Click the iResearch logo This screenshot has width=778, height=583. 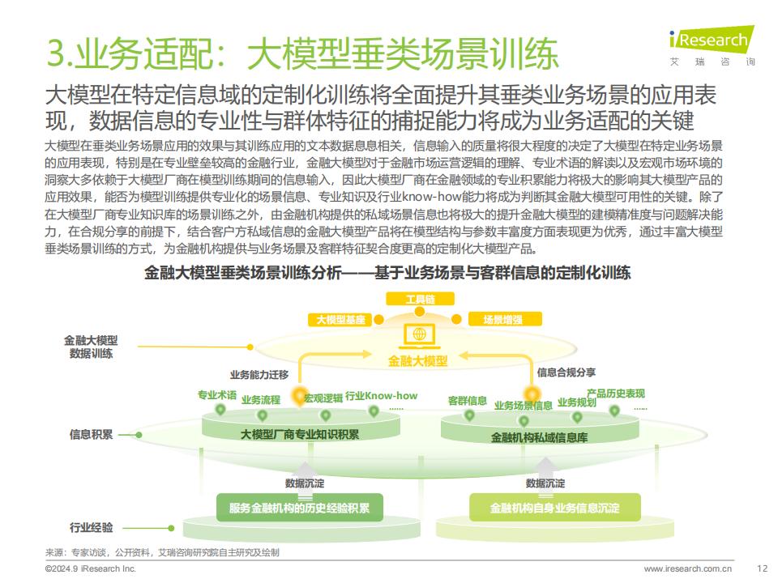point(712,45)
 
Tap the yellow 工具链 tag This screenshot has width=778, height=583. point(420,299)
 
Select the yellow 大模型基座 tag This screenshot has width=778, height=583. point(340,320)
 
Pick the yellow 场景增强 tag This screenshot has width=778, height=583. point(505,320)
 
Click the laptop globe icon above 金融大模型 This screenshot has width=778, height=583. point(419,335)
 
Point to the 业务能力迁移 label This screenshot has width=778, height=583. point(259,375)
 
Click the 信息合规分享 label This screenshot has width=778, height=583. point(566,372)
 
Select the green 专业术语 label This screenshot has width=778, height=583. point(217,395)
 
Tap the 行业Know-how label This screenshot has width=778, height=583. point(381,396)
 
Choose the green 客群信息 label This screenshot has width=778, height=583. point(467,401)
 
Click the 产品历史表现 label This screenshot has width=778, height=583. point(616,394)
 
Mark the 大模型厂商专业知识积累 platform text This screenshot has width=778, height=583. point(300,435)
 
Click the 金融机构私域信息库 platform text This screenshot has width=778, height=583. point(540,437)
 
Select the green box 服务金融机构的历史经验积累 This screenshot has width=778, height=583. point(300,508)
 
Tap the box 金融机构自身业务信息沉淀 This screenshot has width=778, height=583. point(554,508)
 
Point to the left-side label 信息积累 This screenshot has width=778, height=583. point(91,435)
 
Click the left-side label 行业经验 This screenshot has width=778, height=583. point(91,527)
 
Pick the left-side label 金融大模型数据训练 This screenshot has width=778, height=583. point(91,347)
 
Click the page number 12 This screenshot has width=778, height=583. point(762,568)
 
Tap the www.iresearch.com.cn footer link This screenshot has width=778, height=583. point(688,568)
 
